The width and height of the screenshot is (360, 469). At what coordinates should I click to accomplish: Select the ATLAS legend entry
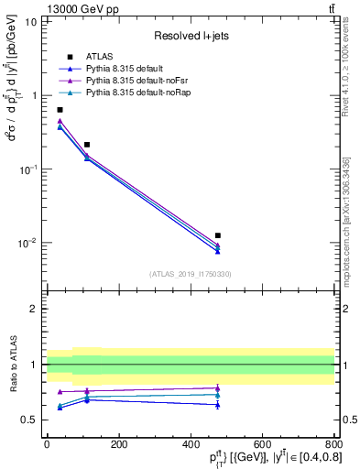(99, 57)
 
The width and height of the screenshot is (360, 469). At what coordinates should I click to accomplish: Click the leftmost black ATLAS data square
(60, 110)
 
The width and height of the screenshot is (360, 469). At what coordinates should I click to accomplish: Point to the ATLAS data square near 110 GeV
(87, 145)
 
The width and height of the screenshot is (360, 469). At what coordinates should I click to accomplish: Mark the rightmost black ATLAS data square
(217, 235)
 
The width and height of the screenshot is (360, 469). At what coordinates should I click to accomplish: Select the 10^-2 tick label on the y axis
(27, 244)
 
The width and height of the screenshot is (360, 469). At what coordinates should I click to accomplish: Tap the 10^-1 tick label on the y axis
(27, 169)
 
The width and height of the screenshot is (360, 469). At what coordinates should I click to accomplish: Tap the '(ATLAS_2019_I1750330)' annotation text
(191, 273)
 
